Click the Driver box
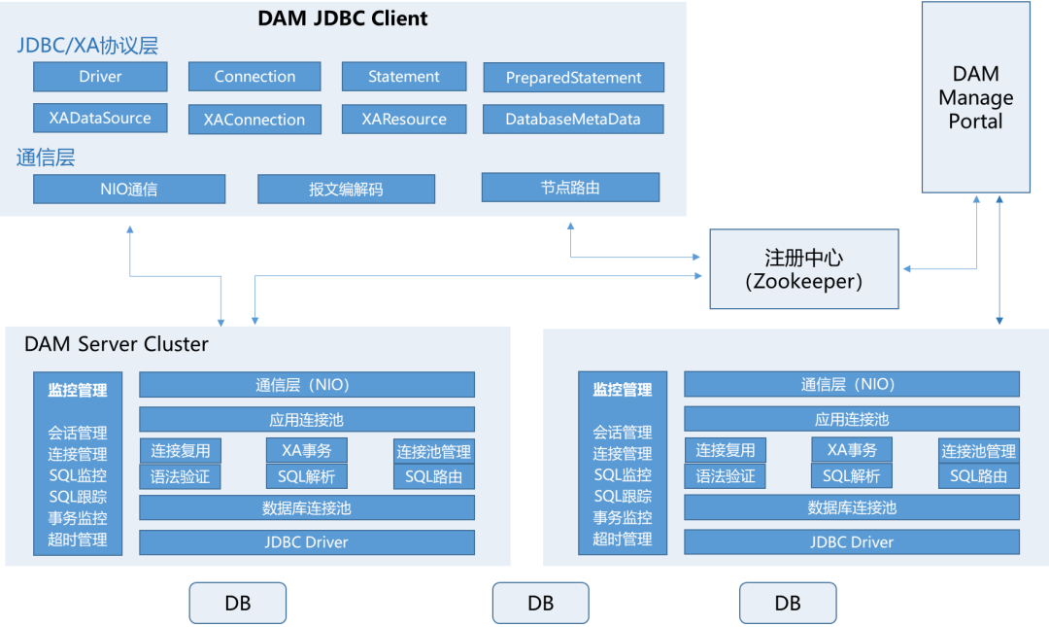[100, 77]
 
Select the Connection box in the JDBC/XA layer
[254, 77]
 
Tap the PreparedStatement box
[573, 78]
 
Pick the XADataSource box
[100, 119]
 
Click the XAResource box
[404, 120]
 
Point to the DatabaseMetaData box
[573, 120]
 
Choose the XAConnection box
[254, 120]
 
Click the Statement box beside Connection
[404, 77]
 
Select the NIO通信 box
[129, 189]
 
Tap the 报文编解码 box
[346, 189]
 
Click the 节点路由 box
[570, 188]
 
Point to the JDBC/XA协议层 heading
[87, 46]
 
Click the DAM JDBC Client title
[343, 17]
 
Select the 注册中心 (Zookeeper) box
[803, 269]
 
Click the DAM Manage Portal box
[975, 97]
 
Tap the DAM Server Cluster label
[117, 344]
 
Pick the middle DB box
[540, 603]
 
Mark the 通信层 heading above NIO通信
[46, 157]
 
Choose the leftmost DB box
[237, 603]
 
